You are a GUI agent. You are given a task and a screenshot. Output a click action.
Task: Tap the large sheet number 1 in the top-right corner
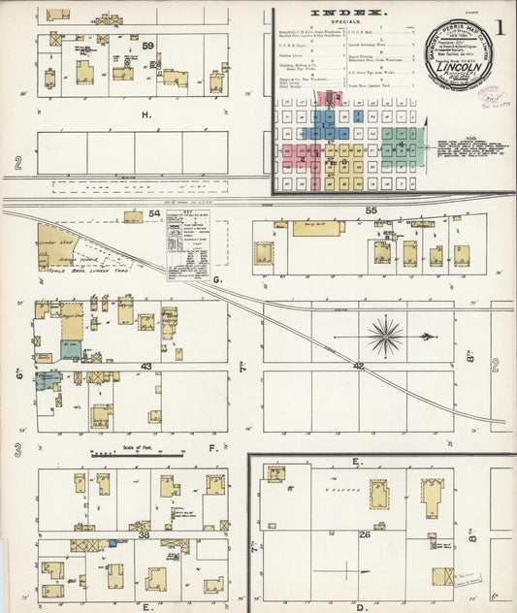499,27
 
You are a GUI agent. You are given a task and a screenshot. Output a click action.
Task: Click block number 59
147,46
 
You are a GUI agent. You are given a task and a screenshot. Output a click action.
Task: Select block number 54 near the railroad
154,212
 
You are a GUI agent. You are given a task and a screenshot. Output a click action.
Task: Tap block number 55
371,210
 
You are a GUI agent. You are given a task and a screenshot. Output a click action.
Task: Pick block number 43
146,366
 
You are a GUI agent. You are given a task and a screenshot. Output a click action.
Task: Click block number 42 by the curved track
358,366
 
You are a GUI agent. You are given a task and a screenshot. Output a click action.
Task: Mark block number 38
144,534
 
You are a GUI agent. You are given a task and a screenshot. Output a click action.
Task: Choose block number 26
365,534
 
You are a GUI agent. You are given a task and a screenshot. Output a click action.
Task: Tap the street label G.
218,279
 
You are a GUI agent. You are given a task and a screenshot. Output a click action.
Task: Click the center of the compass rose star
385,336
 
